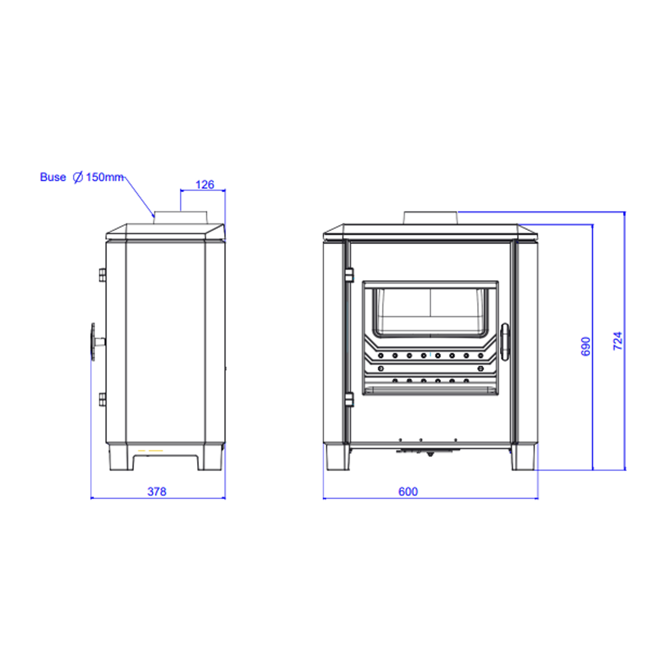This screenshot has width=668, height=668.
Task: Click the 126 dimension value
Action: (x=205, y=185)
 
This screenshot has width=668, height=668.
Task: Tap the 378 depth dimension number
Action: (x=157, y=491)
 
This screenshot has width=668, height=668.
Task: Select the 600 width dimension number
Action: (x=408, y=491)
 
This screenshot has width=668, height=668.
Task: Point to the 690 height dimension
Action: (x=586, y=346)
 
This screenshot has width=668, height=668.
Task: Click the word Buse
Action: (x=53, y=177)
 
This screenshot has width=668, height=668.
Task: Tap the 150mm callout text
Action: (x=104, y=177)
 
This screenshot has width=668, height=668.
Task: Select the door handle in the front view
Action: (x=505, y=342)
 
